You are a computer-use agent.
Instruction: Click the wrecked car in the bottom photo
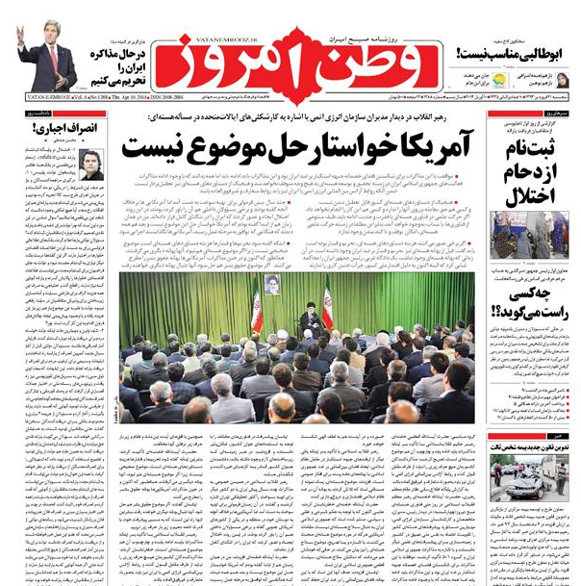coord(528,480)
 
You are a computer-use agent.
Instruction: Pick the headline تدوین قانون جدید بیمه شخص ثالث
coord(533,446)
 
